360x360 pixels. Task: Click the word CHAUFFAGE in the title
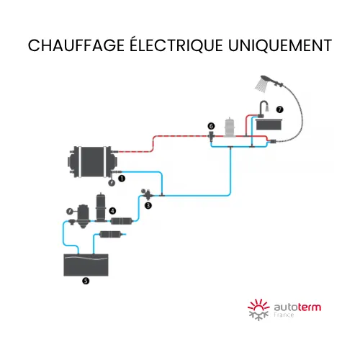point(76,45)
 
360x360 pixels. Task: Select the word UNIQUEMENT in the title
point(280,45)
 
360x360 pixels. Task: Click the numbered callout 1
point(122,179)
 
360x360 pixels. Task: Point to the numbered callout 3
point(148,205)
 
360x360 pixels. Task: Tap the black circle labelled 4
point(112,211)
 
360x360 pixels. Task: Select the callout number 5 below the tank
point(86,281)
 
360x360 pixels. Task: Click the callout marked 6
point(211,126)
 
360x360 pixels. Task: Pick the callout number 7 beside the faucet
point(279,109)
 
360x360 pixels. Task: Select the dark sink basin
point(269,125)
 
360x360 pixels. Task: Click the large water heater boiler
point(92,162)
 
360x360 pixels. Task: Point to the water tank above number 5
point(86,265)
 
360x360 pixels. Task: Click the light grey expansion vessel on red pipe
point(230,127)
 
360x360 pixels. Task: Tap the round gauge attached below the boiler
point(112,183)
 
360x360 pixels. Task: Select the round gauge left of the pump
point(70,212)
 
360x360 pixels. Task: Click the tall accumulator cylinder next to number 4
point(101,207)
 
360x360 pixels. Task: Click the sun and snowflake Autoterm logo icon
point(258,310)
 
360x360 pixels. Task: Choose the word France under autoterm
point(284,315)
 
